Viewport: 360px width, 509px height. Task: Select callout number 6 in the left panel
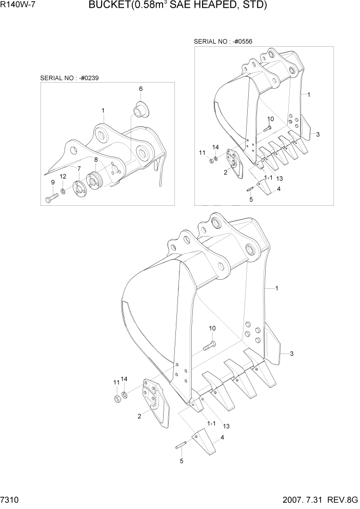tap(140, 89)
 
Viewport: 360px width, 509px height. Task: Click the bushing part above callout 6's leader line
tap(140, 109)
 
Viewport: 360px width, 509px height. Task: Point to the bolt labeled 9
tap(51, 198)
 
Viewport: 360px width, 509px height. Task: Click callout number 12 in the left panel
tap(63, 177)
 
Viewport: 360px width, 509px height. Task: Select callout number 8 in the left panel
tap(95, 160)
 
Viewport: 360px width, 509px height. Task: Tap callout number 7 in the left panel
tap(79, 168)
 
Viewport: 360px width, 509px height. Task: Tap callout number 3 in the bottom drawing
tap(291, 354)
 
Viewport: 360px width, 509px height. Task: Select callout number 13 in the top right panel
tap(279, 178)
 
